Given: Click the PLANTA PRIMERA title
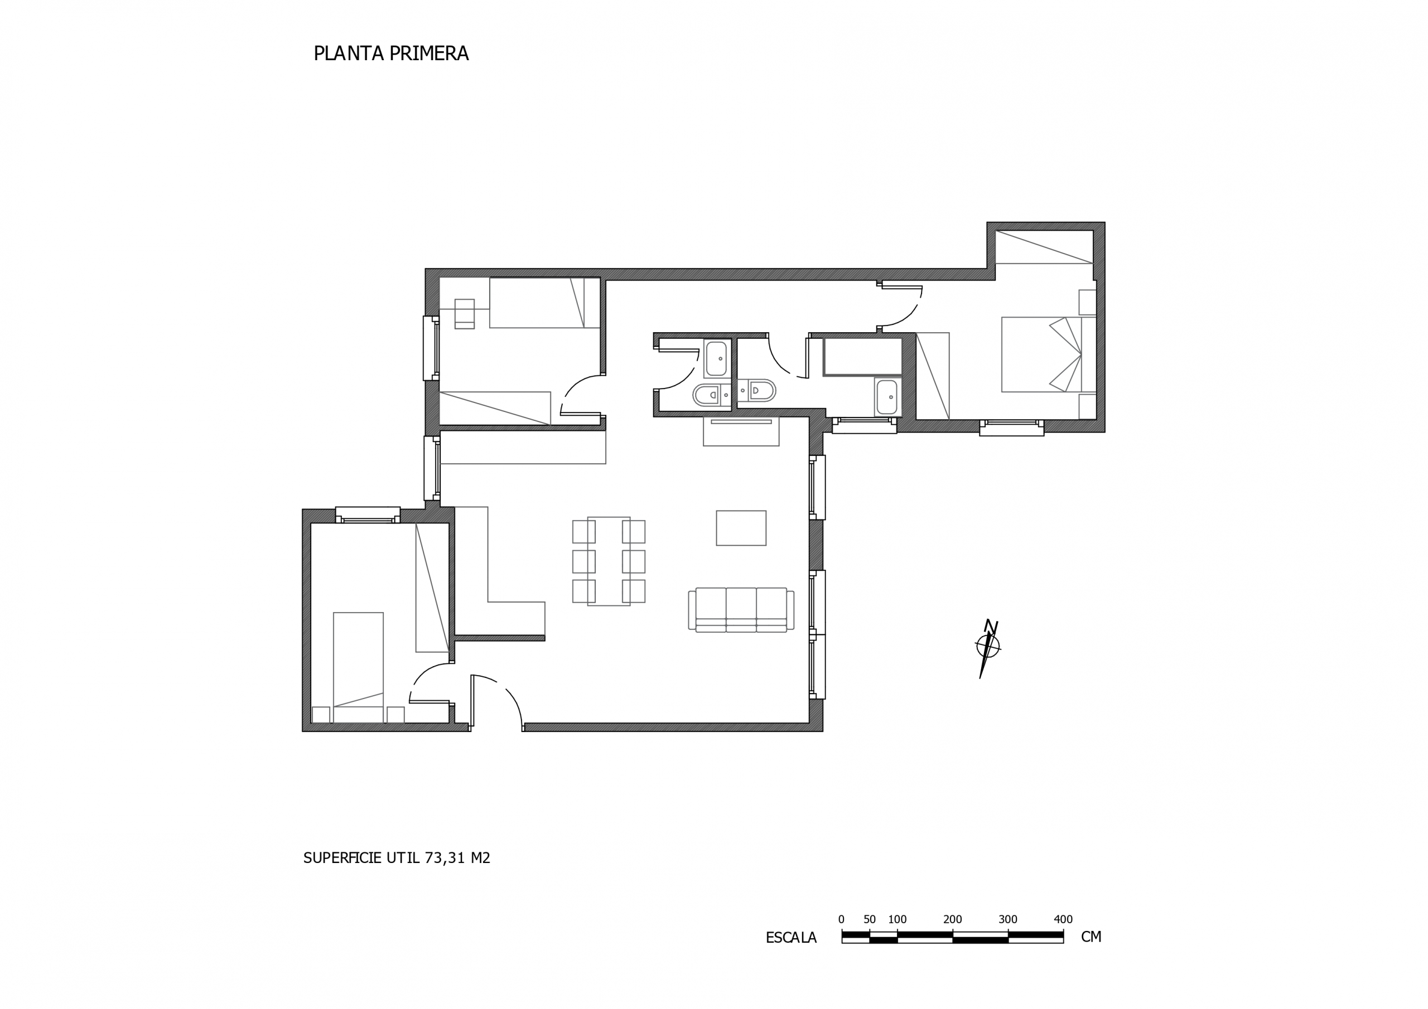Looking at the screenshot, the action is coord(390,54).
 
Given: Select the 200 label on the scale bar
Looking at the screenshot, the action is coord(952,919).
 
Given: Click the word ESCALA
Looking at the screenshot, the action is coord(790,938).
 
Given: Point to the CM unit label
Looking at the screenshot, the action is coord(1091,937).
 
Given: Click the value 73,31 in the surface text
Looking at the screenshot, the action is coord(445,858).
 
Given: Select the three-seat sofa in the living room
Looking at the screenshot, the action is coord(741,610).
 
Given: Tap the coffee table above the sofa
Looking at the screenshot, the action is coord(741,528).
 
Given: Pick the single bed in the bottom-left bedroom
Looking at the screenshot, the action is coord(358,668).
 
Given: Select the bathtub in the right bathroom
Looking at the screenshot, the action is coord(862,357).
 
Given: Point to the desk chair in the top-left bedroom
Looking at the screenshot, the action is coord(464,313).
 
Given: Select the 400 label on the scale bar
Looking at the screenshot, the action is coord(1063,919).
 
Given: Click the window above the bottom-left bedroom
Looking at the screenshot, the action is coord(368,516).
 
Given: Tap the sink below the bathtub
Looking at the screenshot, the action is coord(886,396).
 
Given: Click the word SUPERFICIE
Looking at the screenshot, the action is coord(342,858).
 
